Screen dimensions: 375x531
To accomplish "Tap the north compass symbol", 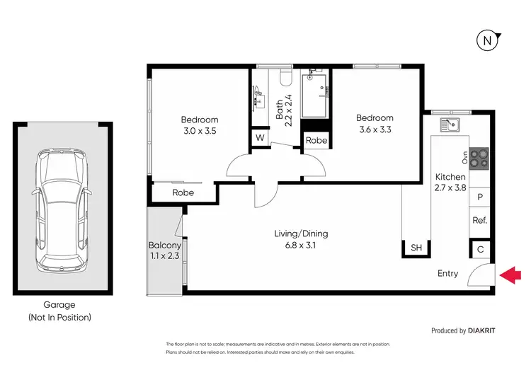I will [487, 41].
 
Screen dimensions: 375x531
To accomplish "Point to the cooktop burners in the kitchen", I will [479, 158].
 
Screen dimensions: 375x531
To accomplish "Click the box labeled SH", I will [416, 248].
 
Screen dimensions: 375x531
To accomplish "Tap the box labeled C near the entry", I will [480, 249].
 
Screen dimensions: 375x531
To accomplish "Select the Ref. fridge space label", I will [479, 221].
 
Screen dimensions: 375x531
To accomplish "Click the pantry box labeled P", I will [479, 197].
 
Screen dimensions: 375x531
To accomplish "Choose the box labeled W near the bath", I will [260, 137].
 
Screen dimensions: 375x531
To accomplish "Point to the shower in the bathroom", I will [316, 94].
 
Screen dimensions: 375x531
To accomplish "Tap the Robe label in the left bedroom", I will [173, 192].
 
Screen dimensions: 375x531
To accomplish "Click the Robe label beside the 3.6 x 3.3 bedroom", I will [316, 140].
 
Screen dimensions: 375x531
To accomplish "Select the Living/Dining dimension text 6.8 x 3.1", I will [301, 248].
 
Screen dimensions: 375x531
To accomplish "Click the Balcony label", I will [164, 246].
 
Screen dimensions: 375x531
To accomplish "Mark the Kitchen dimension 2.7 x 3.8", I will [450, 188].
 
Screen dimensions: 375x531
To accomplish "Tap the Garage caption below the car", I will [62, 305].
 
